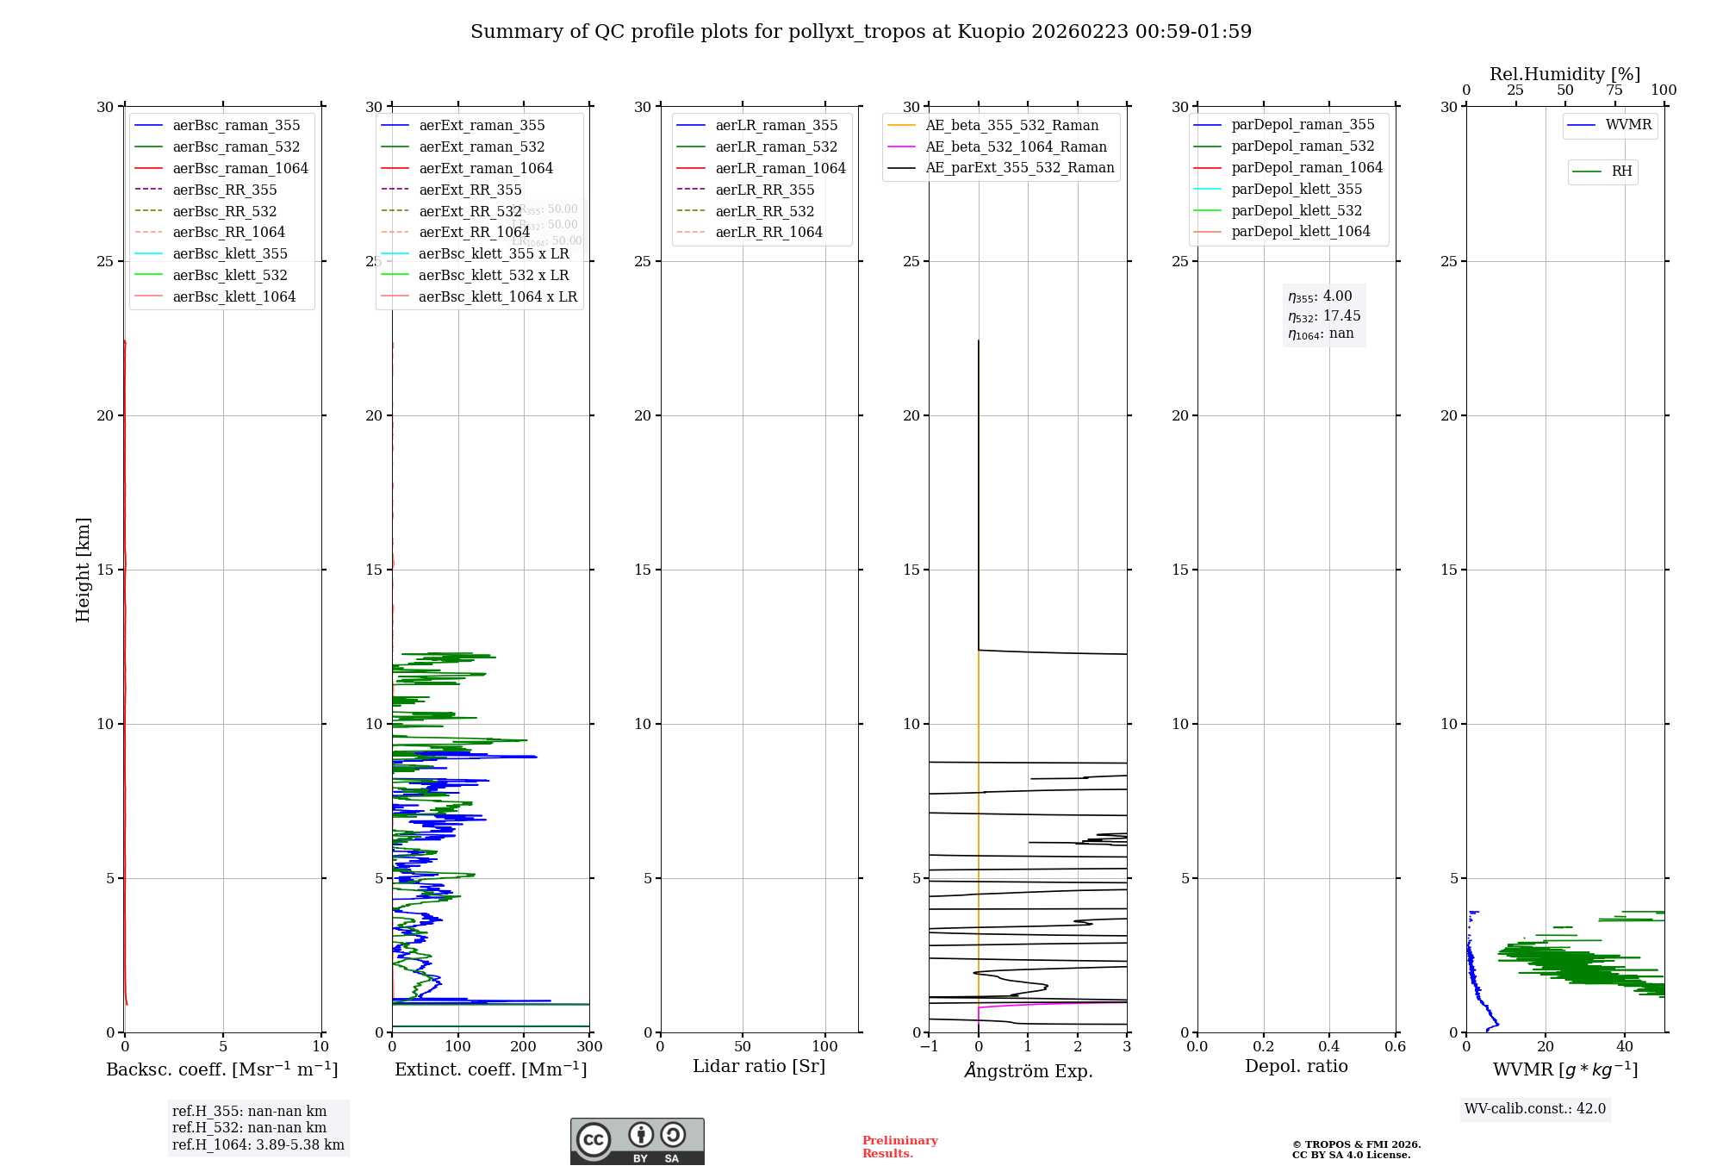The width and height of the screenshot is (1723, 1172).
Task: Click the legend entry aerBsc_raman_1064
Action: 240,168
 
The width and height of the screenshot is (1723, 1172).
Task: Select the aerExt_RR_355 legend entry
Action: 470,190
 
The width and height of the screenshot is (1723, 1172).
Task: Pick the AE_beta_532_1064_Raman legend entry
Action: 1016,146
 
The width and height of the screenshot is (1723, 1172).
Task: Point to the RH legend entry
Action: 1621,171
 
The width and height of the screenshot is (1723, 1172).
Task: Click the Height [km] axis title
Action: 83,570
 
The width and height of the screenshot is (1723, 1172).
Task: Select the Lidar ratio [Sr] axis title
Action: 759,1066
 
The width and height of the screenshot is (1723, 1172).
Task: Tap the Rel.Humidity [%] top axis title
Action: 1564,74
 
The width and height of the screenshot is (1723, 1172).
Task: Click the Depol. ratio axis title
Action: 1296,1066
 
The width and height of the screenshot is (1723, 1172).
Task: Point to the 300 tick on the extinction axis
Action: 589,1047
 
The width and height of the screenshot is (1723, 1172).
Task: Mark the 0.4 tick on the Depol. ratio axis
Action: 1329,1047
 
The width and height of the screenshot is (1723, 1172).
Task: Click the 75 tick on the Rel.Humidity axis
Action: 1614,90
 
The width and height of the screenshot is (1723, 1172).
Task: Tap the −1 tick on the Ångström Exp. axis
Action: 929,1047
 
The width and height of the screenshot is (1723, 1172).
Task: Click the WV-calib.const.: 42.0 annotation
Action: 1535,1109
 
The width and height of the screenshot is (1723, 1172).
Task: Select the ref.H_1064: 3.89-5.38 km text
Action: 258,1145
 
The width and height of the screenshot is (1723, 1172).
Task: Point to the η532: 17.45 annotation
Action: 1324,316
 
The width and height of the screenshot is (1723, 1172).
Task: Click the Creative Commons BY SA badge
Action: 637,1142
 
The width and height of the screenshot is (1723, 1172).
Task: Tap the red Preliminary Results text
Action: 899,1147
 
